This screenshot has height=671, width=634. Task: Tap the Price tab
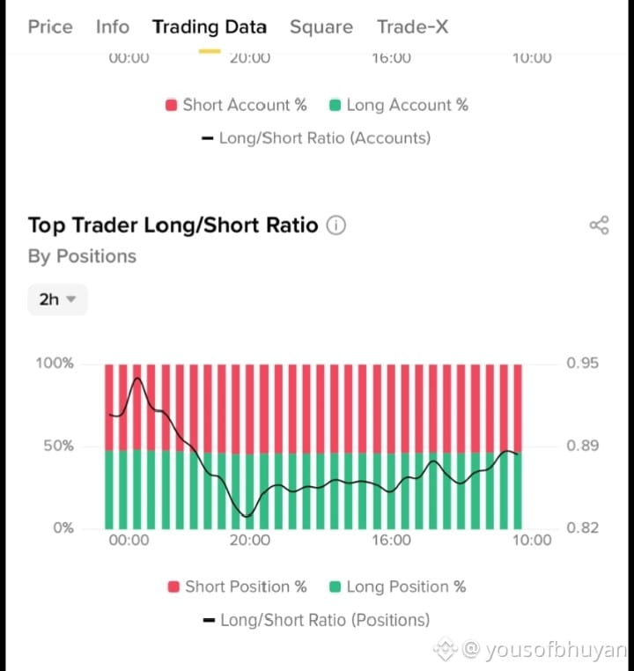click(x=50, y=27)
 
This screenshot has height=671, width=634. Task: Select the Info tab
click(x=113, y=27)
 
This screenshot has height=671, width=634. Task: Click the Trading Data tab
click(x=210, y=27)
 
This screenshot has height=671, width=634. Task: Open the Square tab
click(x=321, y=27)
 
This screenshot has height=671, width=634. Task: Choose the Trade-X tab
click(x=412, y=27)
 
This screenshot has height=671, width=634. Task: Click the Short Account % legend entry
click(x=236, y=106)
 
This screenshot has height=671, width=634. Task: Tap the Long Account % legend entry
click(x=399, y=106)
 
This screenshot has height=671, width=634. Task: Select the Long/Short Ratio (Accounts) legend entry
click(x=316, y=138)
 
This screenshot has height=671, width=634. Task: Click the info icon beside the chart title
click(x=335, y=225)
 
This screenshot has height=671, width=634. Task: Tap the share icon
click(x=599, y=225)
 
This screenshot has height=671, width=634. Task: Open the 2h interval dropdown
click(x=58, y=299)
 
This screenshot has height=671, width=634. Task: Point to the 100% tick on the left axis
click(x=55, y=363)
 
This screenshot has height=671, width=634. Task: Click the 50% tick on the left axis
click(x=59, y=446)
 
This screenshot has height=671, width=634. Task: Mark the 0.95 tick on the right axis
click(x=582, y=363)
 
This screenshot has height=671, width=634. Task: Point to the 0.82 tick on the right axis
click(x=582, y=527)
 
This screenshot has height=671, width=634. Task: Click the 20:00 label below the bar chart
click(x=250, y=540)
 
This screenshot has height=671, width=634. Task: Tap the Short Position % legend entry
click(x=238, y=586)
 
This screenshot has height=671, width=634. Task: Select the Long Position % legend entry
click(x=397, y=586)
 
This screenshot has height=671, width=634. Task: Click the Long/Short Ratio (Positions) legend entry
click(x=316, y=620)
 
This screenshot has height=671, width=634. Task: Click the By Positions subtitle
click(x=82, y=256)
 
